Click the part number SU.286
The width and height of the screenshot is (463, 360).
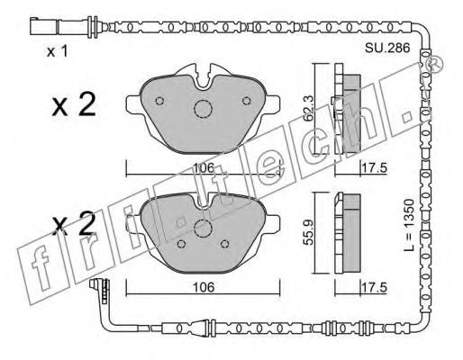(x=387, y=48)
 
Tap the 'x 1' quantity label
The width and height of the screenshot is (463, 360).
(x=58, y=51)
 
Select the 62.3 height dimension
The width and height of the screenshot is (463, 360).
(x=308, y=108)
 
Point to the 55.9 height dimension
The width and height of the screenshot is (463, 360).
(x=308, y=232)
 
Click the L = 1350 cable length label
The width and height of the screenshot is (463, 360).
(x=408, y=224)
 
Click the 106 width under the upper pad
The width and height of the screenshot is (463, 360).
(x=204, y=168)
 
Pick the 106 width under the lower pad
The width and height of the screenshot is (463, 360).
(x=204, y=288)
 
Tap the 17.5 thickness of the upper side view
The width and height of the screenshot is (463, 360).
(x=375, y=168)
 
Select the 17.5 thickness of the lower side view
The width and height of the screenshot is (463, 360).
(x=375, y=288)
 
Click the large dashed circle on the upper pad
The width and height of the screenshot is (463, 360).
(x=203, y=109)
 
